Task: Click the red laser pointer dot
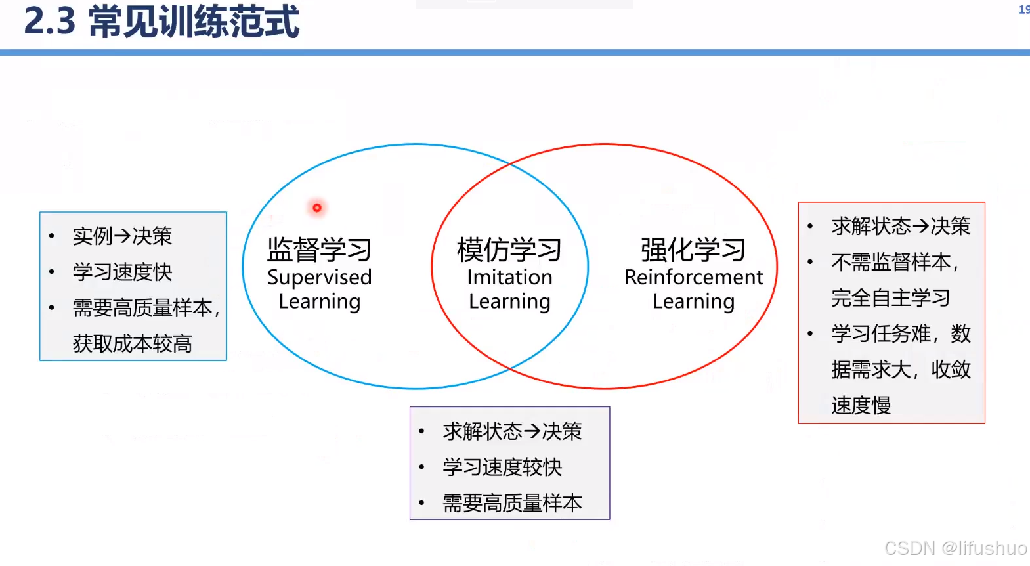tap(317, 208)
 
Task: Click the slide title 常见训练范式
tap(194, 22)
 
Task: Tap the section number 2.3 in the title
tap(50, 22)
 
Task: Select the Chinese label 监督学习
tap(319, 250)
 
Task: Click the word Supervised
tap(319, 278)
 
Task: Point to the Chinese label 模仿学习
tap(509, 250)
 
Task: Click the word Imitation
tap(509, 278)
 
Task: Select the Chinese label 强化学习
tap(693, 250)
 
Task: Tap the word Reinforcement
tap(693, 278)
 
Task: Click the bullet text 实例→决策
tap(122, 236)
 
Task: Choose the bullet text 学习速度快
tap(122, 272)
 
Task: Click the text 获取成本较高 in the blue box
tap(132, 343)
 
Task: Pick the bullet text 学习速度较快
tap(502, 468)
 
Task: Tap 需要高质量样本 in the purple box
tap(512, 503)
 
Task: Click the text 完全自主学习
tap(890, 298)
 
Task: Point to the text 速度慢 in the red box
tap(861, 405)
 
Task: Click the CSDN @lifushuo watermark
tap(955, 548)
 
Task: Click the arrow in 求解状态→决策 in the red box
tap(921, 227)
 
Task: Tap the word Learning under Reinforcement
tap(693, 301)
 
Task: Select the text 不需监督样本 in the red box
tap(890, 263)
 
